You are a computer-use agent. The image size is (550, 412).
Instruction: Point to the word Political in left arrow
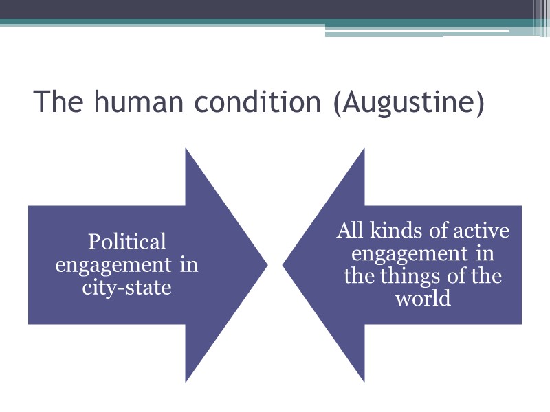click(127, 242)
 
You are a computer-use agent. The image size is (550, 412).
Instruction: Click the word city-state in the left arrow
click(127, 286)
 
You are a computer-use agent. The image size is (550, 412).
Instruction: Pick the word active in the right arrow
click(481, 231)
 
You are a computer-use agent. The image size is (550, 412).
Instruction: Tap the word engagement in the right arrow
click(402, 254)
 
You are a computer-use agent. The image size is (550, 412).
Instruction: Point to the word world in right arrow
click(423, 299)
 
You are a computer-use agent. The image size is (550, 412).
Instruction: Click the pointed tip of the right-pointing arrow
click(266, 264)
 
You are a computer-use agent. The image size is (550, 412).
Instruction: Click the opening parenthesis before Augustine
click(336, 103)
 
